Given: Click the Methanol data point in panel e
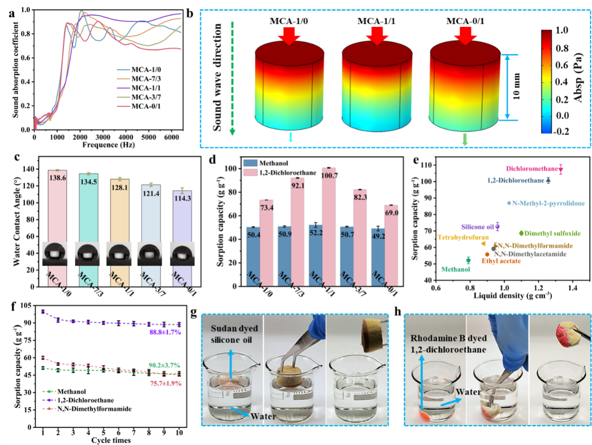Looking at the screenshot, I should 469,260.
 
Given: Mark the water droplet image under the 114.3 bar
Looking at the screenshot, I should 182,253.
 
